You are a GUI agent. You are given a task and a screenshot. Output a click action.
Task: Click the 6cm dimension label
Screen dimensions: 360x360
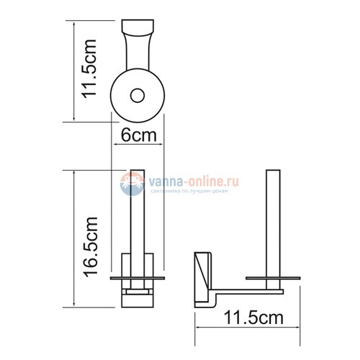pos(138,135)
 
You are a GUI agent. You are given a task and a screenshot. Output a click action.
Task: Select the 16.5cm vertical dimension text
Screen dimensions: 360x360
pos(91,246)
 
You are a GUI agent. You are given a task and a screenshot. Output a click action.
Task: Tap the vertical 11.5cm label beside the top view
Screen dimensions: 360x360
pos(89,69)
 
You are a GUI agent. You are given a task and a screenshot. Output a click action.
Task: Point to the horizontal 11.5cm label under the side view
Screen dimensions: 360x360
pos(253,318)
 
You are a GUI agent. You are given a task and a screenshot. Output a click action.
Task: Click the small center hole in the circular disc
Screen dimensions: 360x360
pos(138,96)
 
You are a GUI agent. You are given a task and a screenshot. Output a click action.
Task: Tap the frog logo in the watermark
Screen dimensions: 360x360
pos(132,184)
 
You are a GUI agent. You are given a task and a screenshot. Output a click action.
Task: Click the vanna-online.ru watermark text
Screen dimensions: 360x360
pos(194,181)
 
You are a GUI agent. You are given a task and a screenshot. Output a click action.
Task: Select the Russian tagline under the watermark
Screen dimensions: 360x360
pos(189,192)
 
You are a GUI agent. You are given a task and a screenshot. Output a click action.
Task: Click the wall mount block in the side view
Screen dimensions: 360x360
pos(203,279)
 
